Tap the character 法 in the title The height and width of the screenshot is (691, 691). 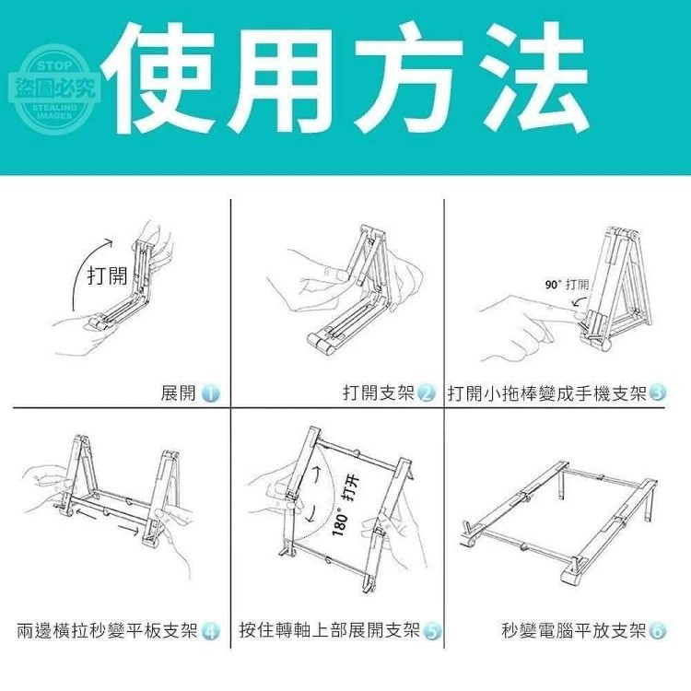tap(535, 78)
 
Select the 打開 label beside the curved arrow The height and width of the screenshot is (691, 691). tap(107, 276)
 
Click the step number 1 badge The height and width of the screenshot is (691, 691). tap(211, 393)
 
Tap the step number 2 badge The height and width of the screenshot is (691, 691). tap(427, 393)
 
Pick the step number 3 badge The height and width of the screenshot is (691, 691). tap(657, 393)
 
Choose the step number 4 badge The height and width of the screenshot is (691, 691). tap(211, 631)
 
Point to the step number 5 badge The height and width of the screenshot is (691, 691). tap(432, 631)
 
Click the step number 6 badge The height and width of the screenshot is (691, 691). tap(657, 631)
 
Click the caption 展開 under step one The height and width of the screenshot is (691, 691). tap(178, 392)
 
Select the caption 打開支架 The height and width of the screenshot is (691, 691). tap(379, 392)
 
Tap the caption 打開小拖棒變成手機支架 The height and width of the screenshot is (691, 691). tap(547, 392)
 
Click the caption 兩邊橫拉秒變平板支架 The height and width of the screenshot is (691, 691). tap(108, 630)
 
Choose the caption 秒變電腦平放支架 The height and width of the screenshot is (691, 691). tap(574, 630)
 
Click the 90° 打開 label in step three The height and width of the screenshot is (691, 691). tap(568, 285)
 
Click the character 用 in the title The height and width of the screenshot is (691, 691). tap(282, 79)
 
